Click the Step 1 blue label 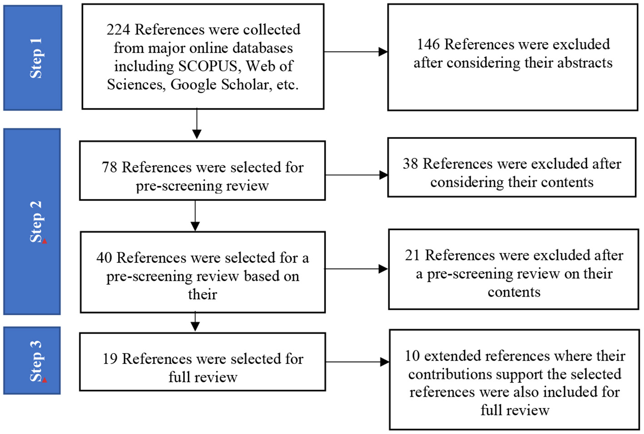(33, 58)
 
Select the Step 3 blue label (32, 360)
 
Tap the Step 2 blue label (32, 222)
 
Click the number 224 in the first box (118, 30)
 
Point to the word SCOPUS (208, 66)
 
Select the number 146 (428, 44)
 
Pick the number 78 (110, 167)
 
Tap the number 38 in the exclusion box (410, 164)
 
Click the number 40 (104, 258)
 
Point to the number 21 (412, 255)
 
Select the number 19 (110, 359)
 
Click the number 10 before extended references (412, 356)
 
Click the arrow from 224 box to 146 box (355, 52)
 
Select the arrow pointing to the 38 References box (356, 175)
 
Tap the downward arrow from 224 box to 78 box (197, 123)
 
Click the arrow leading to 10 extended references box (357, 362)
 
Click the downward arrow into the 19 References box (195, 322)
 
